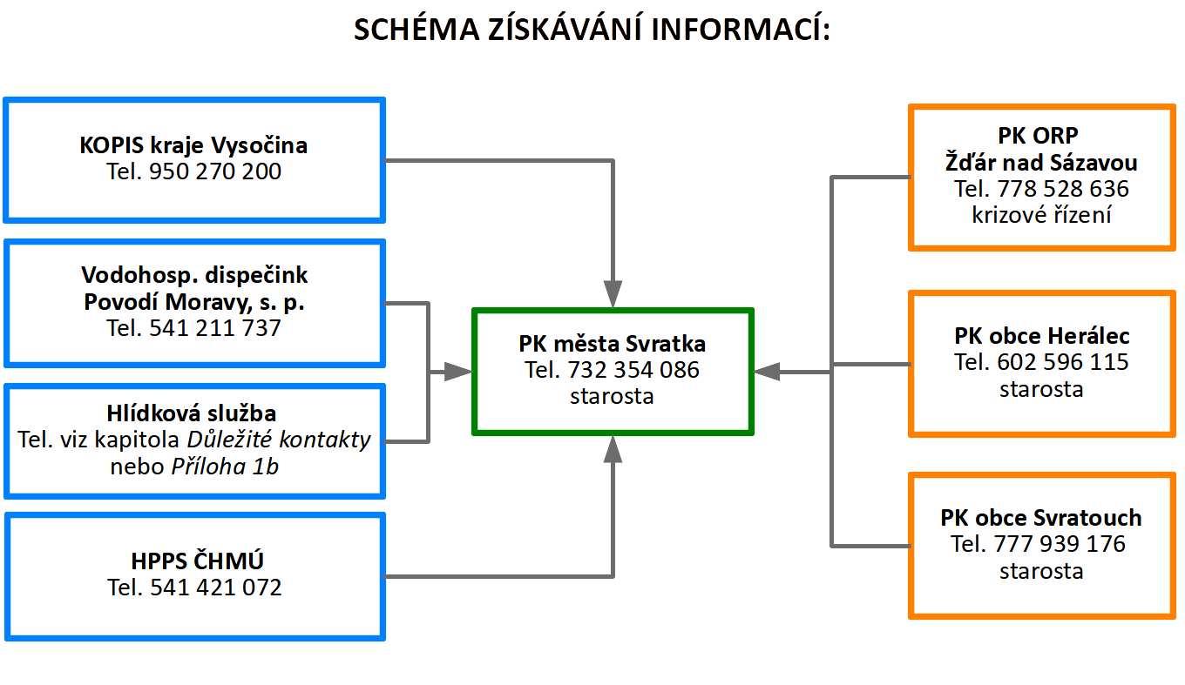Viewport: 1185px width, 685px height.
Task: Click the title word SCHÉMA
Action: [x=416, y=29]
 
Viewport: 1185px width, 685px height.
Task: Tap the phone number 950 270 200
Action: [x=214, y=171]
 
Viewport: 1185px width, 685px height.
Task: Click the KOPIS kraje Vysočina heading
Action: [x=193, y=145]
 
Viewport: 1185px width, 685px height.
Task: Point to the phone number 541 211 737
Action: [x=214, y=328]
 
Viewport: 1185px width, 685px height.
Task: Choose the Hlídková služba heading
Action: [x=192, y=413]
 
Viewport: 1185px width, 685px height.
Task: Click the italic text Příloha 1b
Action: [x=225, y=467]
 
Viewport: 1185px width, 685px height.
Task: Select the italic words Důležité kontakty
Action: [x=279, y=440]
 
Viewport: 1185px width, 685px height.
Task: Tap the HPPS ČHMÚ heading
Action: [x=197, y=561]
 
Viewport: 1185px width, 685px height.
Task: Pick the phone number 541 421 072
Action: [x=216, y=588]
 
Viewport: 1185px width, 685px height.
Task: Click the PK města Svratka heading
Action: [x=612, y=344]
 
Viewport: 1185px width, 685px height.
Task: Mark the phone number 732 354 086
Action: [x=633, y=370]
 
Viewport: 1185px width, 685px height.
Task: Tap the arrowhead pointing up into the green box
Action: [x=613, y=449]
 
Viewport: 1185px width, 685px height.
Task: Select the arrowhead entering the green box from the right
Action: [x=767, y=372]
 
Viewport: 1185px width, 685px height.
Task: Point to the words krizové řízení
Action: [x=1041, y=215]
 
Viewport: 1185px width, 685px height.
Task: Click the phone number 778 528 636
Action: [x=1063, y=189]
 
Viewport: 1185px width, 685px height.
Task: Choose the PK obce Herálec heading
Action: [x=1041, y=336]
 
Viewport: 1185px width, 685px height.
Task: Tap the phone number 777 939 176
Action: [x=1060, y=544]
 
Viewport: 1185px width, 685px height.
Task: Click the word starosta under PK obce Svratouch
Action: [x=1041, y=571]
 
